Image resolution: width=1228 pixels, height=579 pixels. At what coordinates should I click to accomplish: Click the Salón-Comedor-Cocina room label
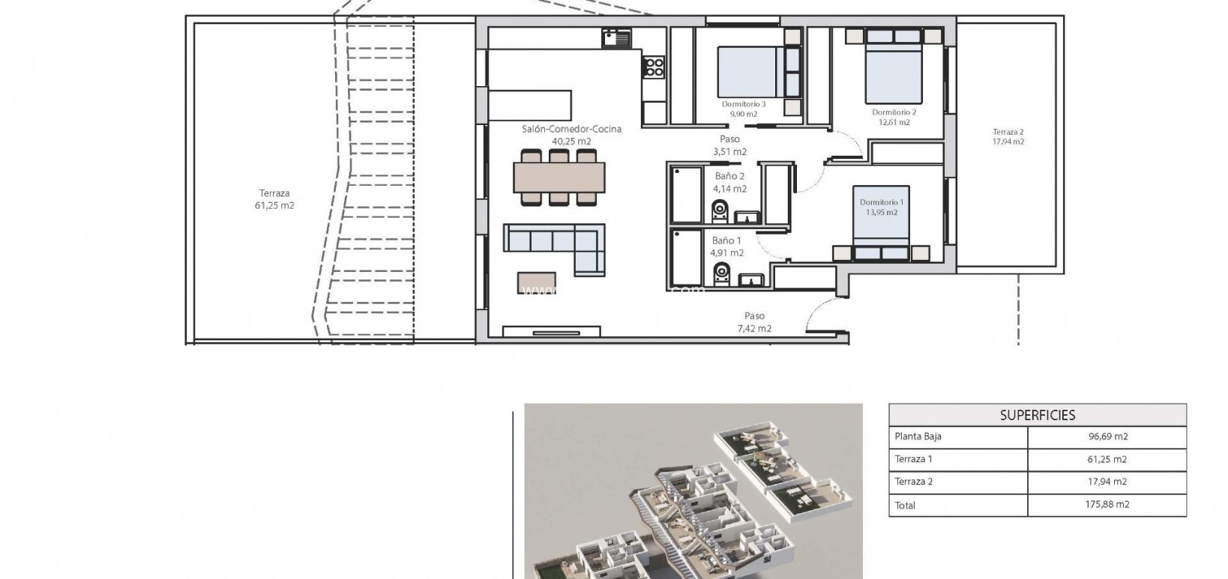571,129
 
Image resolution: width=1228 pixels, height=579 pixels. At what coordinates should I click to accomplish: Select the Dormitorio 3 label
743,104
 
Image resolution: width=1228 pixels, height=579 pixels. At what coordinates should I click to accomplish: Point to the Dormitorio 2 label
894,112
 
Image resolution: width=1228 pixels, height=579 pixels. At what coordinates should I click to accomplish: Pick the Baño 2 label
729,177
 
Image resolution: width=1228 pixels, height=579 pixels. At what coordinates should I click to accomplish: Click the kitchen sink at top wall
618,37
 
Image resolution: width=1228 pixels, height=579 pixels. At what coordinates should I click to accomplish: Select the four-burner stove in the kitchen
654,67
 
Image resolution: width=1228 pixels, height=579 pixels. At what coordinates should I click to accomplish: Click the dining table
559,178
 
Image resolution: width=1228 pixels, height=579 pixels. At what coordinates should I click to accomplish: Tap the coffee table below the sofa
537,282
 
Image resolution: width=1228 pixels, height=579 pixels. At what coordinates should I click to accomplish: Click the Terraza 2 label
1008,132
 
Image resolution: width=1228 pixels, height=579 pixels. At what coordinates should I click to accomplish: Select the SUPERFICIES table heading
1037,415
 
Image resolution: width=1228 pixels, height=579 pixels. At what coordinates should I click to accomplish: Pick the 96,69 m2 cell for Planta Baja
1107,437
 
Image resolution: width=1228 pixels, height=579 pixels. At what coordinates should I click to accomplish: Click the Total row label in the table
905,506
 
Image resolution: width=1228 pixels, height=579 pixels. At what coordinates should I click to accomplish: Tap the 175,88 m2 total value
1107,505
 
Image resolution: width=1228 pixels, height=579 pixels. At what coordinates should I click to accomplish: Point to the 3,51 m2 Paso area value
729,151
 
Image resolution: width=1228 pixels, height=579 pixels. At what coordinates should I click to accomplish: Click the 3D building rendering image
693,491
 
